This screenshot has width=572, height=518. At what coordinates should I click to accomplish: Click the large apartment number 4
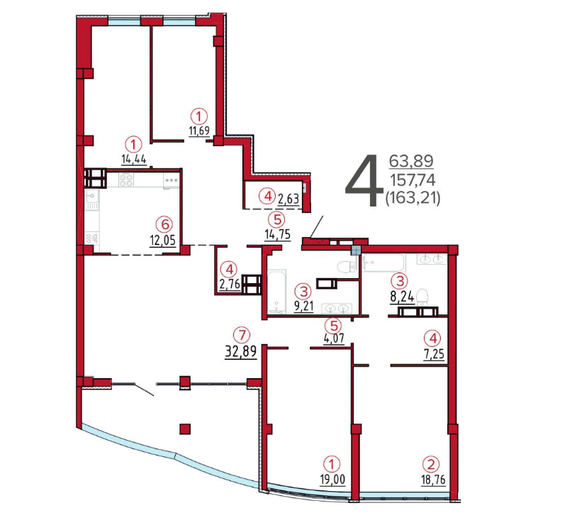364,180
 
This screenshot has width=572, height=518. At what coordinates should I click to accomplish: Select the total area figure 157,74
413,180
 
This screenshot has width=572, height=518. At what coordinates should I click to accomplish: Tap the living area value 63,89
412,161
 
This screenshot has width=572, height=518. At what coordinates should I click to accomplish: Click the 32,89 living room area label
241,351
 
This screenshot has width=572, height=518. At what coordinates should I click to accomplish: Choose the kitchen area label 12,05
163,240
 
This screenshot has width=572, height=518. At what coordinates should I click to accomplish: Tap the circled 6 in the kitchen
164,224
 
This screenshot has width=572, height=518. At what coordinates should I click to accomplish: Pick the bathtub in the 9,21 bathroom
277,291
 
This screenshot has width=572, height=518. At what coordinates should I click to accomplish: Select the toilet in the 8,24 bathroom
422,297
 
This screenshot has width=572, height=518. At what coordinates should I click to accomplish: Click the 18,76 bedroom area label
433,479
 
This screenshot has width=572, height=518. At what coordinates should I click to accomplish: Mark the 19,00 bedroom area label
332,479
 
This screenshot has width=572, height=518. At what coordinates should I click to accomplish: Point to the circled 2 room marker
431,464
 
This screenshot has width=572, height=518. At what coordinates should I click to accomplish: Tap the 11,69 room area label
199,131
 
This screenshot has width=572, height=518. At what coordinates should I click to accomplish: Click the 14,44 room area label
134,159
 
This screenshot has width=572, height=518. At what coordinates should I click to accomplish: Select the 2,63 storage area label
288,199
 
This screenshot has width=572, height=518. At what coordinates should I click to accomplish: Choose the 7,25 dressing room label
433,354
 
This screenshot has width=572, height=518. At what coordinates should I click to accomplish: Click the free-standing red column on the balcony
185,429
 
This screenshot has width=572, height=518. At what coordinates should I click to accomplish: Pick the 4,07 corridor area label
334,338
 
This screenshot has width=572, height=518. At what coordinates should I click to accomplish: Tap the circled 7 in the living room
242,335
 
